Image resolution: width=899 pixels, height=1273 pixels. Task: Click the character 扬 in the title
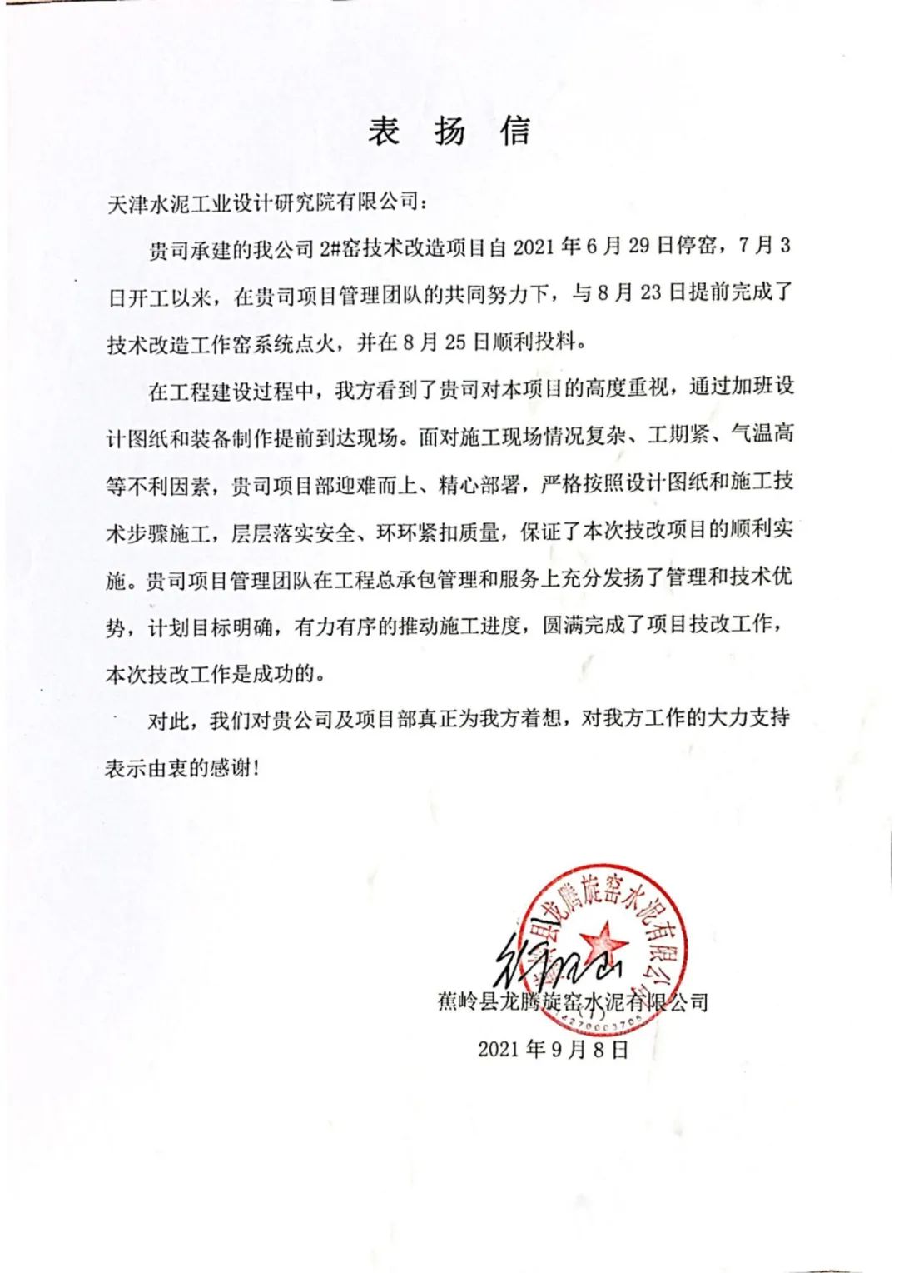pos(449,132)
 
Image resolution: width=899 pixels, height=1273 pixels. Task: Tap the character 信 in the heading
pos(515,132)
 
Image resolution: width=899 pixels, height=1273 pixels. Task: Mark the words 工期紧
pos(678,435)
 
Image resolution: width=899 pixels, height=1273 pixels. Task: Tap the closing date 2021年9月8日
pos(553,1049)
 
